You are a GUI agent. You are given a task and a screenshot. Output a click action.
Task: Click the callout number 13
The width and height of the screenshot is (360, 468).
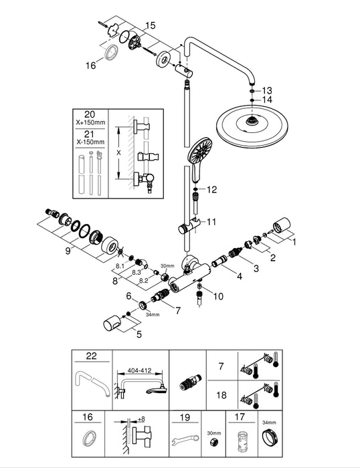[x=268, y=90]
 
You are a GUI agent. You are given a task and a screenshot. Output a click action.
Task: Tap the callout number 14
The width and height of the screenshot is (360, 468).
[x=268, y=100]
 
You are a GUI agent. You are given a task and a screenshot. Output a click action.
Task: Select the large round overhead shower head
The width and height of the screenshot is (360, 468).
[x=252, y=125]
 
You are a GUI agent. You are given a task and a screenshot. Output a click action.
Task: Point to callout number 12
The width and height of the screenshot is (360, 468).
[x=212, y=190]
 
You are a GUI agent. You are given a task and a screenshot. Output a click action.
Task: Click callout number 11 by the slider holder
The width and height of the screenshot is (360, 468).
[x=212, y=221]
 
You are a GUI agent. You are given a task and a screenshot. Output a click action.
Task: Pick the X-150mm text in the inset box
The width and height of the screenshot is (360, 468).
[x=90, y=142]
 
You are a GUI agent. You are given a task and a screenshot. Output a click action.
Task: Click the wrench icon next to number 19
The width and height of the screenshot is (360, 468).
[x=184, y=443]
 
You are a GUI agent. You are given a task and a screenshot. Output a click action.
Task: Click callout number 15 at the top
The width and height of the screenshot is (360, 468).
[x=150, y=25]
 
